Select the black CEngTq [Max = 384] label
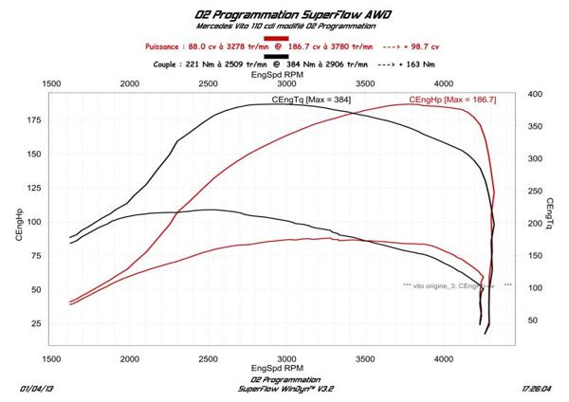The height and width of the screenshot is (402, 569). pyautogui.click(x=304, y=100)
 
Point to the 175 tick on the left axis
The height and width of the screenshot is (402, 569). pyautogui.click(x=35, y=120)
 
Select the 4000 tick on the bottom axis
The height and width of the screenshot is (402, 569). pyautogui.click(x=443, y=359)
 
